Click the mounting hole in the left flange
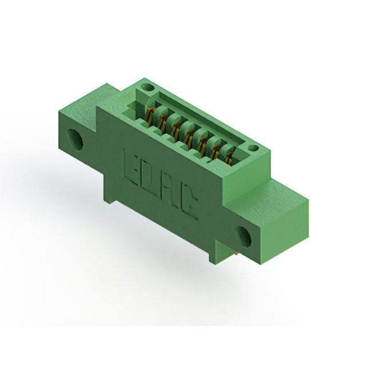pos(75,140)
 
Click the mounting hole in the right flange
pos(244,236)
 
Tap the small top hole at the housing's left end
pos(148,87)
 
